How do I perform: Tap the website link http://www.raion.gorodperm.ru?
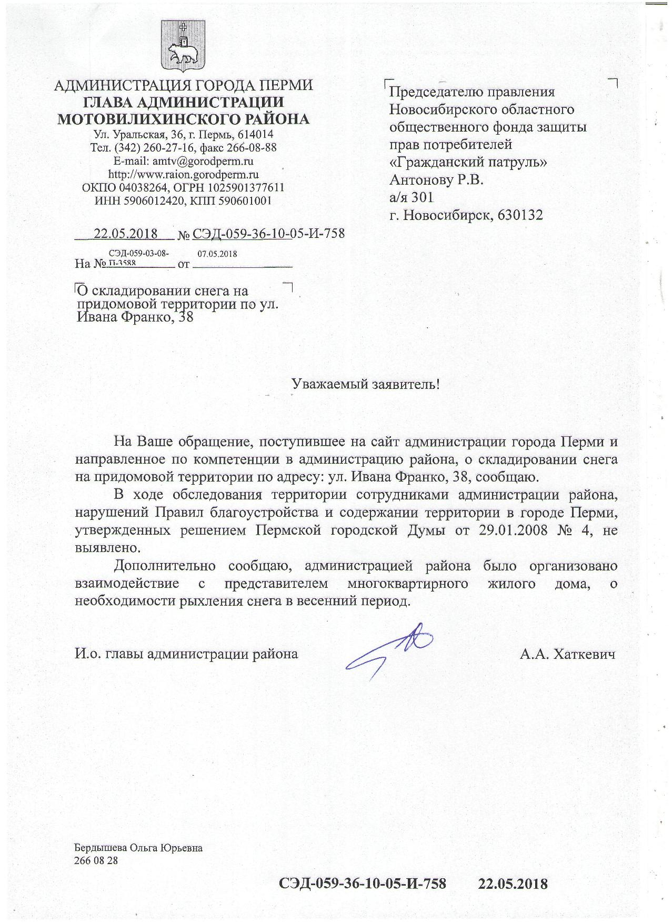point(183,174)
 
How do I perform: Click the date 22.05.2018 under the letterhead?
point(125,233)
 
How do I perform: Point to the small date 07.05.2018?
point(217,254)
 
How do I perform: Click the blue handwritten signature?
point(390,651)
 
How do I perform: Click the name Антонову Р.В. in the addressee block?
point(436,180)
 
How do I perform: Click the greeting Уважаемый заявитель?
point(365,384)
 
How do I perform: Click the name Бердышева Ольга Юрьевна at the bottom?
point(138,848)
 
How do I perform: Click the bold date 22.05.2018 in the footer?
point(513,883)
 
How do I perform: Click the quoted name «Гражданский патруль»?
point(468,162)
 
